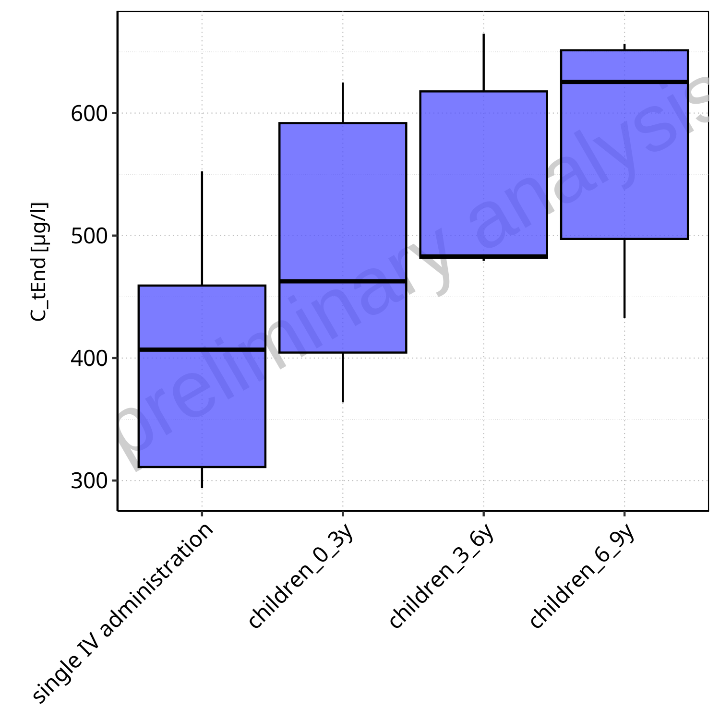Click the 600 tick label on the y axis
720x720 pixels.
(89, 114)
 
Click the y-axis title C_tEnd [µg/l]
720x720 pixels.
(39, 262)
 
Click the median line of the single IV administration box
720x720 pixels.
(202, 349)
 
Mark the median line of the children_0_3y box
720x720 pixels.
(343, 281)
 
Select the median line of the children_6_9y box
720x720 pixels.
(624, 82)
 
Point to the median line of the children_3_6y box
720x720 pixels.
(484, 256)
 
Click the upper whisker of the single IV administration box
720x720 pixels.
(202, 228)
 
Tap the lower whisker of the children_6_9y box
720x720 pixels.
(624, 278)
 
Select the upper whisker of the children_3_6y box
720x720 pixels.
(484, 62)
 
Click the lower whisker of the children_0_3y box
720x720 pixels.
(343, 377)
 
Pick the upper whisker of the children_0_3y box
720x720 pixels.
(343, 103)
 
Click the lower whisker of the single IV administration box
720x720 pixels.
(202, 478)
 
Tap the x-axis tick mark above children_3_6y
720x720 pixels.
(484, 515)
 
